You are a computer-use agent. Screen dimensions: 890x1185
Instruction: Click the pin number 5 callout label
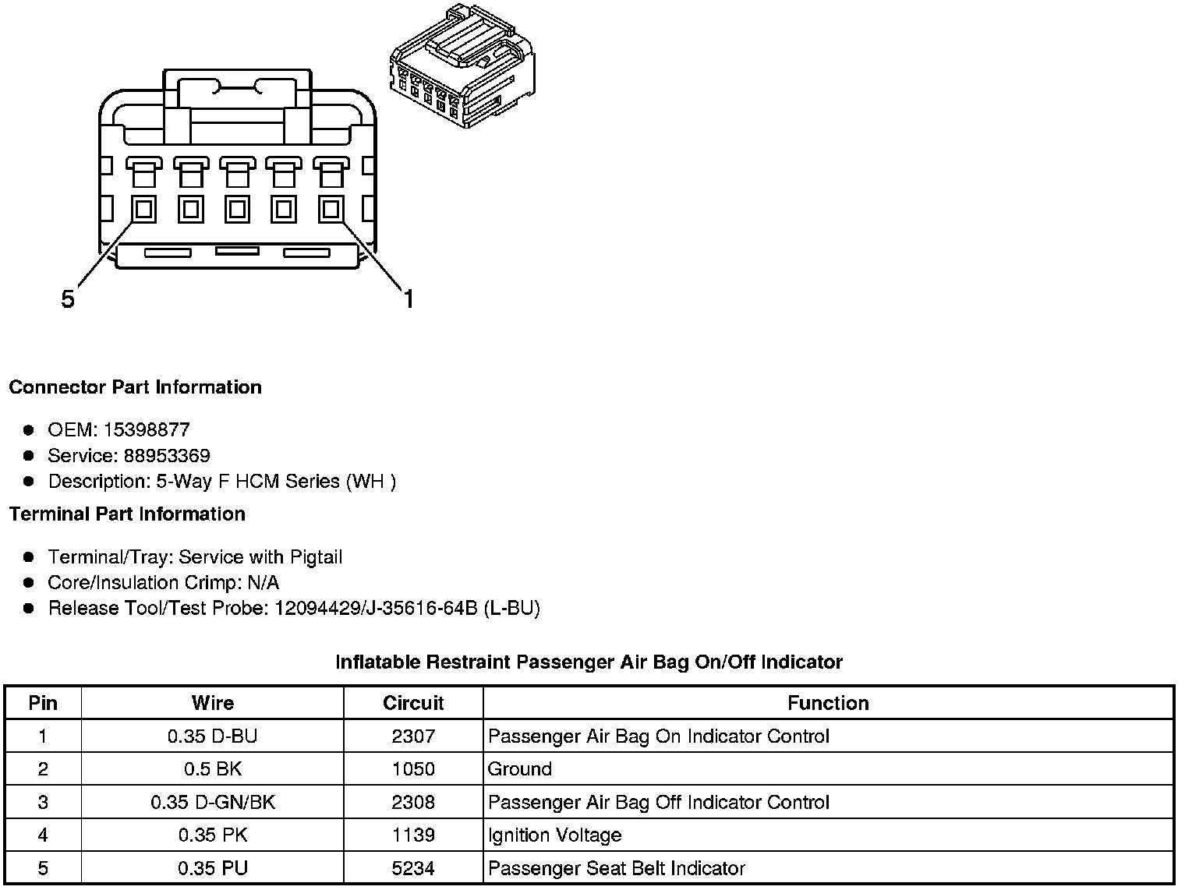(68, 298)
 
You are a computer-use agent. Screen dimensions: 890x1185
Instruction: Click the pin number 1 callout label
(408, 298)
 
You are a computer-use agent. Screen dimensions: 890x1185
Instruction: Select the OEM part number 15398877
(147, 429)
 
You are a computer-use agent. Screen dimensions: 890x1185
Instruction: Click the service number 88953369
(167, 455)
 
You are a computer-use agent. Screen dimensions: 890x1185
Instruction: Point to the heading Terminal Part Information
(127, 514)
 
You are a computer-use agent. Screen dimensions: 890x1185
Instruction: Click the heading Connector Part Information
(135, 387)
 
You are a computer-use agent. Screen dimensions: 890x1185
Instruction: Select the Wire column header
(212, 703)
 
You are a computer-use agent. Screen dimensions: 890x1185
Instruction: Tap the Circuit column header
(413, 703)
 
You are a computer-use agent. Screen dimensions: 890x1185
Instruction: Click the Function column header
(828, 703)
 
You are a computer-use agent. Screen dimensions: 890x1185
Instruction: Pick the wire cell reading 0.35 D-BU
(212, 736)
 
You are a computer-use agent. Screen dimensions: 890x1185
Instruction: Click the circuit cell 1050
(413, 769)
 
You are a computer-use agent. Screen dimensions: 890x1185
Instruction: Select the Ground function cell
(519, 769)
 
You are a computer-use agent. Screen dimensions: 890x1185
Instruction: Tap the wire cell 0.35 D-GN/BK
(212, 802)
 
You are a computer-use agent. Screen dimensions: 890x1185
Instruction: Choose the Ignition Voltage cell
(554, 835)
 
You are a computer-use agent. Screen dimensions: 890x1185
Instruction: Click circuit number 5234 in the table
(413, 868)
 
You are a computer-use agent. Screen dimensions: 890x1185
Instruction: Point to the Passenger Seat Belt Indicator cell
(616, 868)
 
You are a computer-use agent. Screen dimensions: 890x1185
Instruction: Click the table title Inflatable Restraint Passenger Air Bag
(589, 662)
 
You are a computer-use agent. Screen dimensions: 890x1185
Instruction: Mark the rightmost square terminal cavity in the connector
(331, 209)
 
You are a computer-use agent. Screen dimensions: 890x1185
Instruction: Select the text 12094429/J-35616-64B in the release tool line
(376, 608)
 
